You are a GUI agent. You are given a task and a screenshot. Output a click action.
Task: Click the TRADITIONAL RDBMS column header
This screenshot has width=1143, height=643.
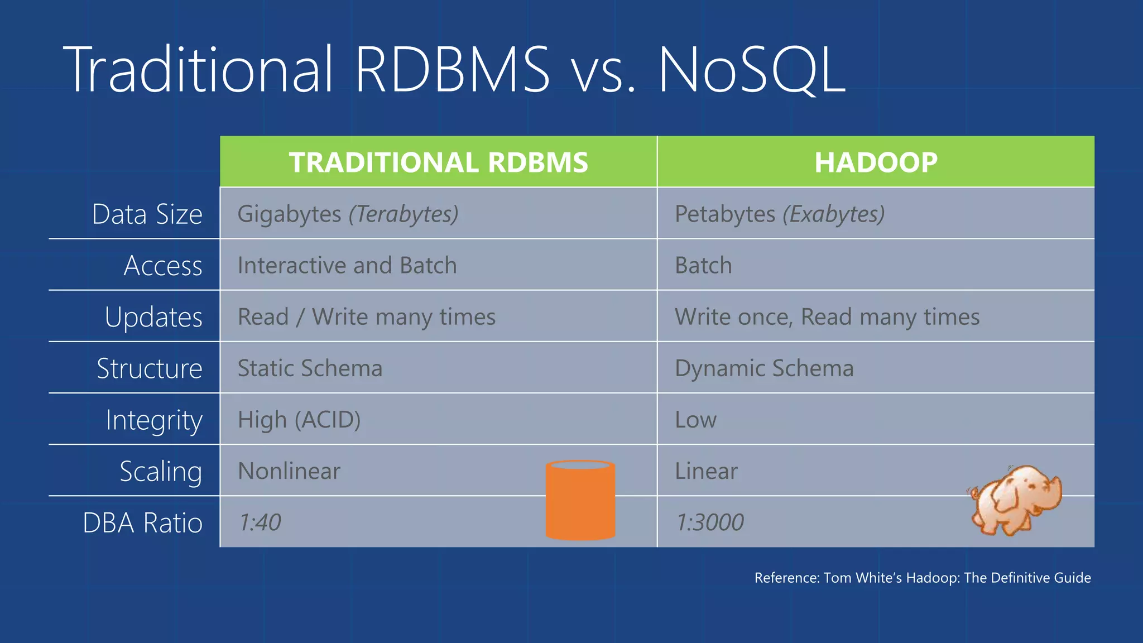438,162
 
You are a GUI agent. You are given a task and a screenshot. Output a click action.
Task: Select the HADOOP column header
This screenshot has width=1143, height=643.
876,162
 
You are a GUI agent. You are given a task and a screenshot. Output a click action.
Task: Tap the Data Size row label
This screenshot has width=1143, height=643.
147,214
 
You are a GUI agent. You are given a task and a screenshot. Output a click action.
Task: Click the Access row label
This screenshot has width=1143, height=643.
163,266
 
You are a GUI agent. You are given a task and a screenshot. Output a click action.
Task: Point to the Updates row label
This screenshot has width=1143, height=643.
153,317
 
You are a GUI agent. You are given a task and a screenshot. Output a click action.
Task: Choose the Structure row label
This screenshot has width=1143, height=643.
149,368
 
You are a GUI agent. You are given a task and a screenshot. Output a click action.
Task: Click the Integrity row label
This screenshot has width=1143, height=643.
154,420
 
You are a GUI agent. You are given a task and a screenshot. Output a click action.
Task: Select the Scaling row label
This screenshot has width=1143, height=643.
161,472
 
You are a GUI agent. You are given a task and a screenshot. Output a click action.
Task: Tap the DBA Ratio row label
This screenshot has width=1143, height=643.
142,523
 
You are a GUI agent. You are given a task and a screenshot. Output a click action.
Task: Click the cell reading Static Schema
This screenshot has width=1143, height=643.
310,368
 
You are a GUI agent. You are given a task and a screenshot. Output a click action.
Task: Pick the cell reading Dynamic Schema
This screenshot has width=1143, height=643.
764,368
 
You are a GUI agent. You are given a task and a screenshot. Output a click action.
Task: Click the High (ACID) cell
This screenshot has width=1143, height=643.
299,420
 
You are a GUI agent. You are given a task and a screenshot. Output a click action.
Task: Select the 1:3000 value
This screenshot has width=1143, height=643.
709,522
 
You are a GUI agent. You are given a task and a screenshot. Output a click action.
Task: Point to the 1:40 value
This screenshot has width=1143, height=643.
260,522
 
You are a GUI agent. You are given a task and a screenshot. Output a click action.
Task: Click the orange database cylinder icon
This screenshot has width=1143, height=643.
580,500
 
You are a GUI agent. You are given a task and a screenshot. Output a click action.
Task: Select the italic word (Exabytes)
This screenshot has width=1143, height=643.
834,214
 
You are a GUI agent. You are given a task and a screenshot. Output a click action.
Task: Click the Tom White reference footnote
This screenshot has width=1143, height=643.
922,578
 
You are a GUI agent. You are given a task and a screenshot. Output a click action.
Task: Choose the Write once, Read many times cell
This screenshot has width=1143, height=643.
827,317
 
